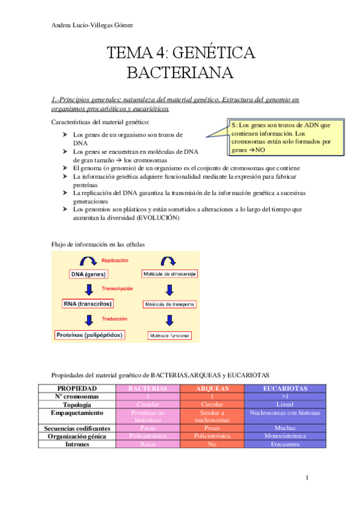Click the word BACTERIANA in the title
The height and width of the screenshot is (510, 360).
(x=180, y=73)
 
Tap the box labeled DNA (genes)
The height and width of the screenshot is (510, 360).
(x=88, y=274)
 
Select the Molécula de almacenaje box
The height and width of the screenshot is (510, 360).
(x=169, y=274)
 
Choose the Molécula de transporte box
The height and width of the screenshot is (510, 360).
(x=169, y=305)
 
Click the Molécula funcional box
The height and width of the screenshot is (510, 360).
(x=169, y=335)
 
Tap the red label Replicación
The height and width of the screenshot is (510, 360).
(x=115, y=260)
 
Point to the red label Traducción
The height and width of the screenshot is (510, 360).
(x=114, y=319)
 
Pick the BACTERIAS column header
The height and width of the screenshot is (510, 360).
(x=147, y=389)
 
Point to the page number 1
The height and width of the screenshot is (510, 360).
(x=307, y=478)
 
